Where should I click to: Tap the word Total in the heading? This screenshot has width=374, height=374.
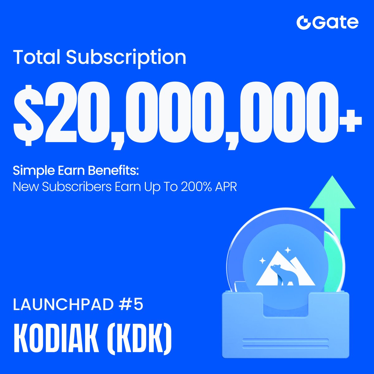point(37,57)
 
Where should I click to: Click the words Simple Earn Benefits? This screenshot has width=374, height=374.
point(75,170)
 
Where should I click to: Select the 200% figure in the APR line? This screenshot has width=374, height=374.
point(195,187)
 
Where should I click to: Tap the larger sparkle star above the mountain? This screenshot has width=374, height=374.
point(288,250)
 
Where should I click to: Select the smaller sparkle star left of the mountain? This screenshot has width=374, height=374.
point(263,260)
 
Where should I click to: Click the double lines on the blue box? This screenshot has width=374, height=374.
point(285,343)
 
